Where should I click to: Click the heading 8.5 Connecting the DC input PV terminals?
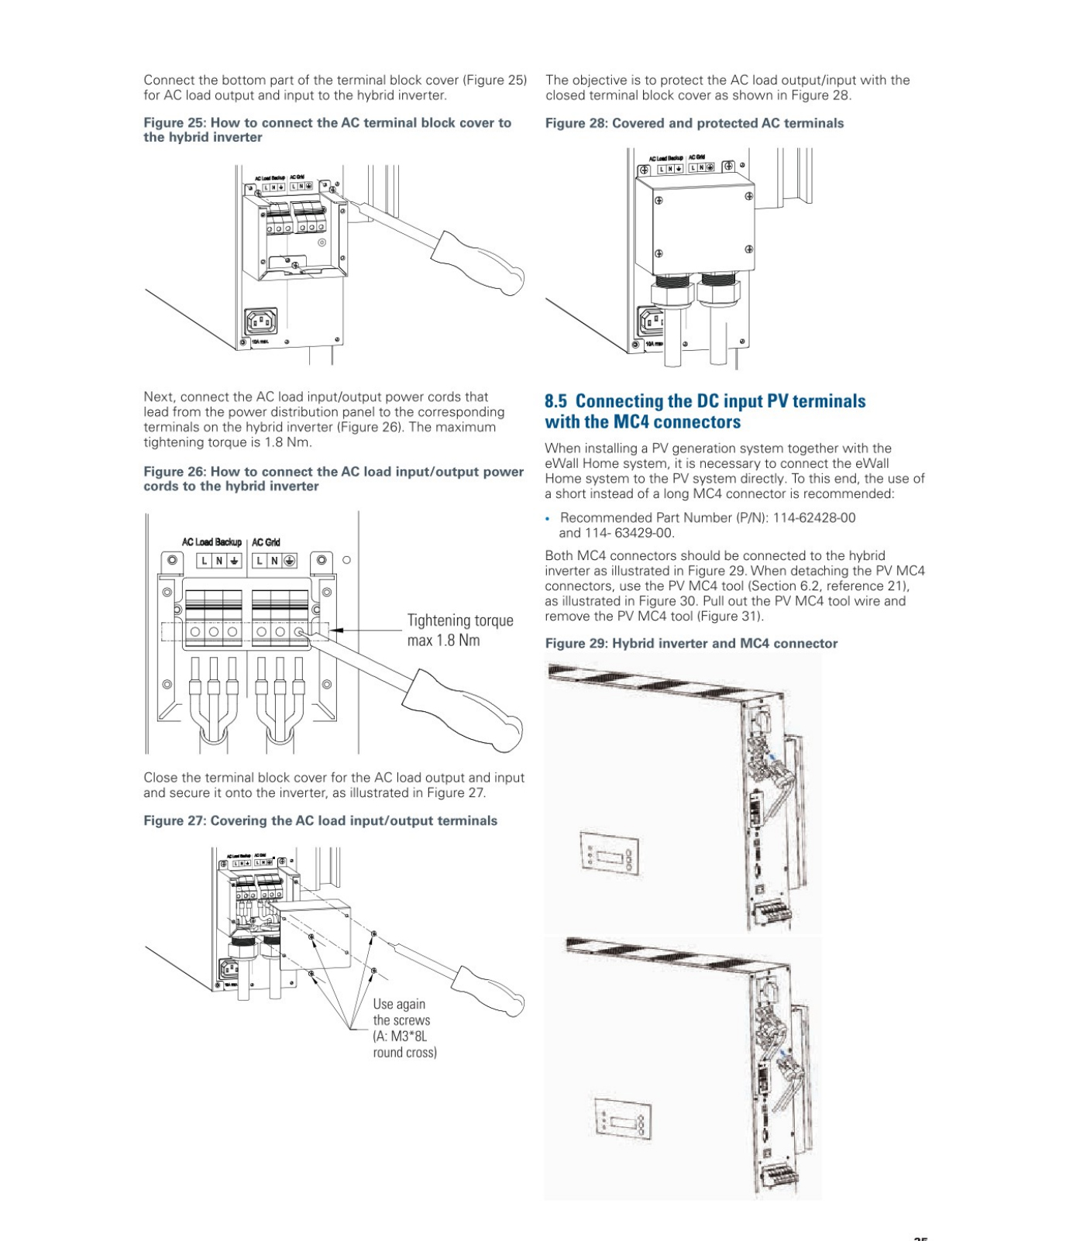point(704,411)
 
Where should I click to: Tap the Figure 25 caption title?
point(327,129)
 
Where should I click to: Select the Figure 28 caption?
point(694,123)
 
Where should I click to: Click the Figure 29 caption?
point(691,643)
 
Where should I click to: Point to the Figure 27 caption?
point(320,820)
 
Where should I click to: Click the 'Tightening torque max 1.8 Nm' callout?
point(459,630)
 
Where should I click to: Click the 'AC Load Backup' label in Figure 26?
point(212,542)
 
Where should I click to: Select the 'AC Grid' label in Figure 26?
point(266,542)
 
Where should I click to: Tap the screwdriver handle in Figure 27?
point(487,991)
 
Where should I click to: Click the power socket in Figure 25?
point(261,320)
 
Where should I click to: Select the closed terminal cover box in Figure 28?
point(694,225)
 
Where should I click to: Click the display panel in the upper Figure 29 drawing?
point(610,853)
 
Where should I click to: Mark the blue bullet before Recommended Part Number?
point(548,518)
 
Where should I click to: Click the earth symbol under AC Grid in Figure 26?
point(289,560)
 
